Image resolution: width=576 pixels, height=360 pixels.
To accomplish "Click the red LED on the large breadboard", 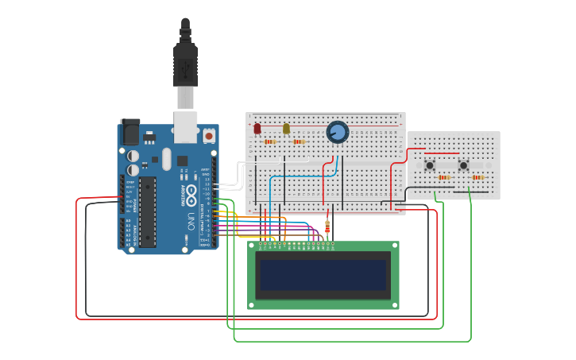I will pyautogui.click(x=257, y=127).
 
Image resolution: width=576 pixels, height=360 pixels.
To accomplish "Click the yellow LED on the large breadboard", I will pyautogui.click(x=286, y=128).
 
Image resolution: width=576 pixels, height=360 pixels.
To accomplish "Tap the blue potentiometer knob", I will pyautogui.click(x=338, y=132).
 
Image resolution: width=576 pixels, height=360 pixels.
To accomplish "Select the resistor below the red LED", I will pyautogui.click(x=270, y=141).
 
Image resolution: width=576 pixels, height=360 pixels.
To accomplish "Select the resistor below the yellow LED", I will pyautogui.click(x=299, y=141).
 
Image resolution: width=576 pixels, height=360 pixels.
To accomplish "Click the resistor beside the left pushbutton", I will pyautogui.click(x=444, y=177).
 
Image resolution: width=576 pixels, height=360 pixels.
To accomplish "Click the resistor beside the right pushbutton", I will pyautogui.click(x=477, y=177).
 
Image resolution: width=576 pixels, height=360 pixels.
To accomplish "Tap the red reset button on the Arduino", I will pyautogui.click(x=209, y=136).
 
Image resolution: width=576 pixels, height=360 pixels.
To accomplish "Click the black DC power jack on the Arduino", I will pyautogui.click(x=130, y=132).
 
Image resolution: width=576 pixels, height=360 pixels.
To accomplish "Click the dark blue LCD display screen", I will pyautogui.click(x=323, y=275).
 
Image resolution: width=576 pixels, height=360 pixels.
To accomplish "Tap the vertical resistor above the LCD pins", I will pyautogui.click(x=327, y=227).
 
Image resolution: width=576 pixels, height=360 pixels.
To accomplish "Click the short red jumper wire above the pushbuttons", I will pyautogui.click(x=442, y=153).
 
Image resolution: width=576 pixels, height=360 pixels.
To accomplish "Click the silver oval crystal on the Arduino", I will pyautogui.click(x=166, y=158).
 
